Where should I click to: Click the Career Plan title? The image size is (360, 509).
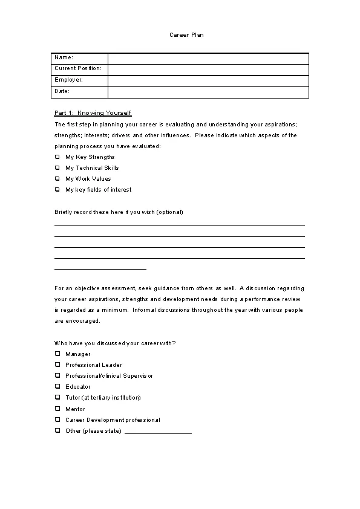coord(186,35)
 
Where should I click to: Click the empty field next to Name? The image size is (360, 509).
coord(208,58)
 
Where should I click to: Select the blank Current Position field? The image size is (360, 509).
coord(208,69)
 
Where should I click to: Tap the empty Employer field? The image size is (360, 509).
coord(208,80)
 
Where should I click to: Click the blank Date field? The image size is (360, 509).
coord(208,92)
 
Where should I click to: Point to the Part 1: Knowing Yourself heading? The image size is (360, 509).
coord(93,113)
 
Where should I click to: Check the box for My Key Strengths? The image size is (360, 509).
coord(57,157)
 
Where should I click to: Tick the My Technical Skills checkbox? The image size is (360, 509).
coord(57,168)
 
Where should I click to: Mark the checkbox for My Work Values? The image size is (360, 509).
coord(57,179)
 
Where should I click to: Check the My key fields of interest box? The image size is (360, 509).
coord(57,190)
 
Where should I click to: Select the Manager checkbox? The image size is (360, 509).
coord(57,354)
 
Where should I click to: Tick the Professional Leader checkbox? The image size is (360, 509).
coord(57,365)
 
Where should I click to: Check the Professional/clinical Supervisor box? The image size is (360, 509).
coord(57,376)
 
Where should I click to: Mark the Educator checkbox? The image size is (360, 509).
coord(57,387)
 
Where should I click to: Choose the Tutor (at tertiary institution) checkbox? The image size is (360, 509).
coord(57,398)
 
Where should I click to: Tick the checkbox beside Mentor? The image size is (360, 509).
coord(57,409)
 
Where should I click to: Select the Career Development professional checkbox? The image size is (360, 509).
coord(57,420)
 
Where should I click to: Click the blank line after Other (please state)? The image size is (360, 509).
coord(158,432)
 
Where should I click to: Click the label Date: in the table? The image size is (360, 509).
coord(62,91)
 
